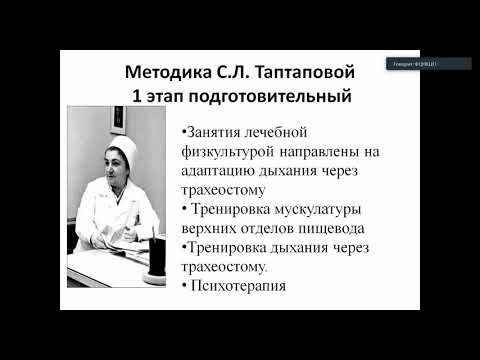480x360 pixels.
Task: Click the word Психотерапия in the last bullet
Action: pyautogui.click(x=236, y=286)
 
